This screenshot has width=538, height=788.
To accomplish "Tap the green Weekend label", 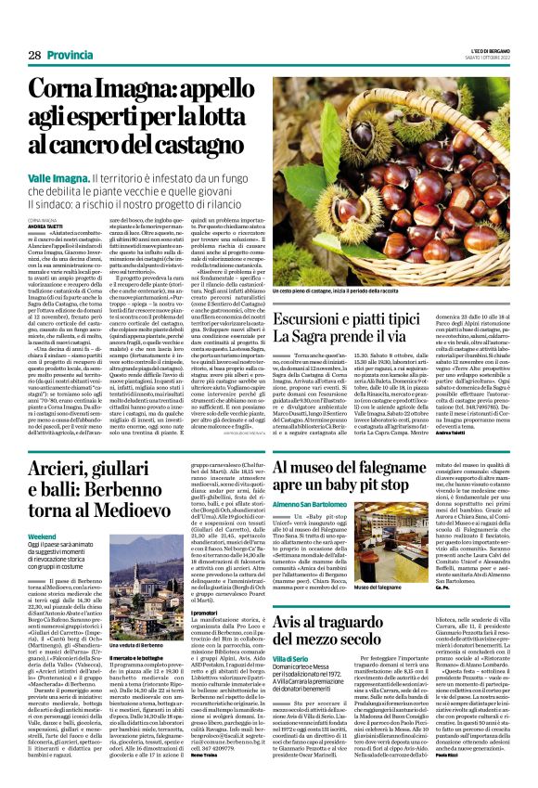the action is click(43, 536).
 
